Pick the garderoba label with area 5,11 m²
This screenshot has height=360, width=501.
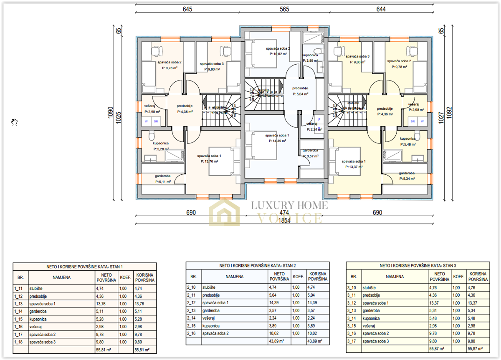pos(163,179)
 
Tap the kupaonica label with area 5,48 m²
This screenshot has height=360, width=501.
pos(407,141)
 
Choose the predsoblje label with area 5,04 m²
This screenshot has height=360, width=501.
pos(300,91)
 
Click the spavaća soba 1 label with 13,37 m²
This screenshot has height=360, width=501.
pos(354,164)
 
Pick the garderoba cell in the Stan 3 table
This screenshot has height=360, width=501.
pos(371,310)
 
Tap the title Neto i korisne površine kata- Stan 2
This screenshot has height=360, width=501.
pos(257,265)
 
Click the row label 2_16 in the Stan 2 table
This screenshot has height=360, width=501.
pos(191,333)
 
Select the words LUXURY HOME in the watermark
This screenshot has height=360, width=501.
pos(289,205)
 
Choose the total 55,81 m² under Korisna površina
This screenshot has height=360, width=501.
pos(143,350)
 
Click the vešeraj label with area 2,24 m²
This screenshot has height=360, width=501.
pos(312,126)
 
